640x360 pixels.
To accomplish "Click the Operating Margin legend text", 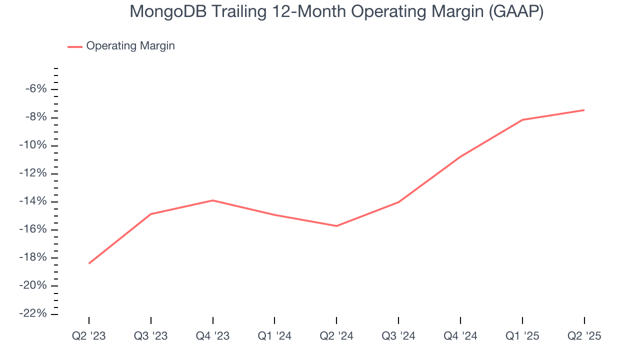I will [x=130, y=46].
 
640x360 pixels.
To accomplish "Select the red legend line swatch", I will [x=75, y=46].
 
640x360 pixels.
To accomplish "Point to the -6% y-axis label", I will [x=36, y=89].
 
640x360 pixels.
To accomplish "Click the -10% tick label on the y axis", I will [x=34, y=145].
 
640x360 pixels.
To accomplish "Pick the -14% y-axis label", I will [x=34, y=201].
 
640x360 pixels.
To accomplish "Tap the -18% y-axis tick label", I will [x=34, y=258].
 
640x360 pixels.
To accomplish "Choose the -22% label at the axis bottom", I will [x=34, y=313].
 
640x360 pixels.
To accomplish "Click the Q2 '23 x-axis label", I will [x=89, y=336].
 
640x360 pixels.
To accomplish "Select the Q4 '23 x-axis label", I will [x=213, y=336].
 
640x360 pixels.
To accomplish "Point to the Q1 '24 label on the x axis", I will [x=274, y=336].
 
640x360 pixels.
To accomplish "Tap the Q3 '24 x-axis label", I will [x=398, y=336].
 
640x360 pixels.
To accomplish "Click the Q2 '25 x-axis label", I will [x=584, y=336].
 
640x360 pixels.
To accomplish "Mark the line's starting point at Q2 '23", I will [x=89, y=263].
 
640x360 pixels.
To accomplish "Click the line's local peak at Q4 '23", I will [x=213, y=200].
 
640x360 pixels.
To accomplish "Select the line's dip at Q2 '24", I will [x=336, y=226].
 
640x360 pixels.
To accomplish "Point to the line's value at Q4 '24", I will [x=460, y=156].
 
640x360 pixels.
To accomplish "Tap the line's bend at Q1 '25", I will [x=522, y=120].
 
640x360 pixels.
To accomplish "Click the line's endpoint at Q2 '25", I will [x=584, y=110].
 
